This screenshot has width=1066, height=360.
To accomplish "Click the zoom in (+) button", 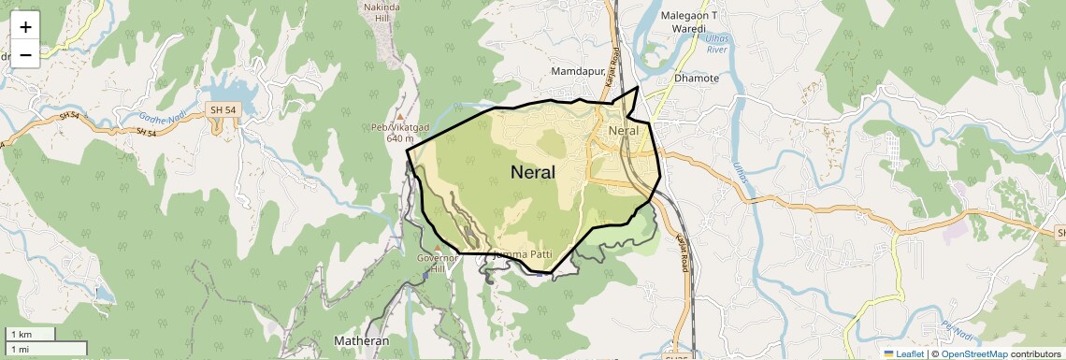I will click(25, 26).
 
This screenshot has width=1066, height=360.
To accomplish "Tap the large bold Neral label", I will click(533, 172).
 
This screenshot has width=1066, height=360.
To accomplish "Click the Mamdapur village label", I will click(579, 71).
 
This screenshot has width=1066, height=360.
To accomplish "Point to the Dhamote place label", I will click(697, 79).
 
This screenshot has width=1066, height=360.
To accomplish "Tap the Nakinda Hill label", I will click(381, 12).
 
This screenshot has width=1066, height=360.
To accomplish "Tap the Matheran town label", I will click(362, 341).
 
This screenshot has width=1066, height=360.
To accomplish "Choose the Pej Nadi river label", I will click(957, 330).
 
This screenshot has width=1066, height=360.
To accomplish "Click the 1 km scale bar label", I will click(21, 335).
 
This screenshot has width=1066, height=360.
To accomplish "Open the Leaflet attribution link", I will click(903, 353).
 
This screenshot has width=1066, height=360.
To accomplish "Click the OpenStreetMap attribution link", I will click(973, 353).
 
